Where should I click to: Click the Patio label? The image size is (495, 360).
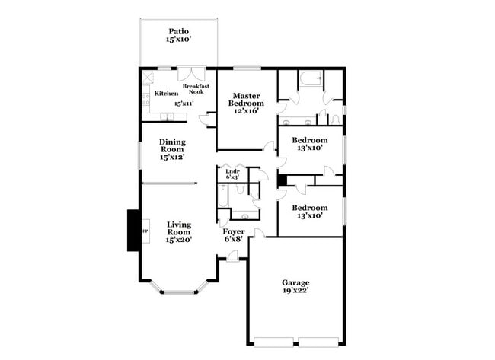tap(178, 31)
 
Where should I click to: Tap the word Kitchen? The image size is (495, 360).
tap(166, 93)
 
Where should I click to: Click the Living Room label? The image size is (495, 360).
tap(179, 232)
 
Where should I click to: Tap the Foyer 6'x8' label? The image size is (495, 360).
tap(234, 235)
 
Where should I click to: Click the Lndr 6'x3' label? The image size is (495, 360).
tap(233, 174)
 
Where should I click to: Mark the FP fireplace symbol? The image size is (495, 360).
tap(145, 228)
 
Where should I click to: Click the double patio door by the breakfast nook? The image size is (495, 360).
tap(188, 75)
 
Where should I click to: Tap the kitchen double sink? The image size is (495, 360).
tap(168, 116)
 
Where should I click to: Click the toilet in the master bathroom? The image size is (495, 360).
tap(336, 119)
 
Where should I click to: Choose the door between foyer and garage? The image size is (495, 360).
tap(259, 232)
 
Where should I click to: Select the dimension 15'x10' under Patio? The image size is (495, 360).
tap(178, 40)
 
